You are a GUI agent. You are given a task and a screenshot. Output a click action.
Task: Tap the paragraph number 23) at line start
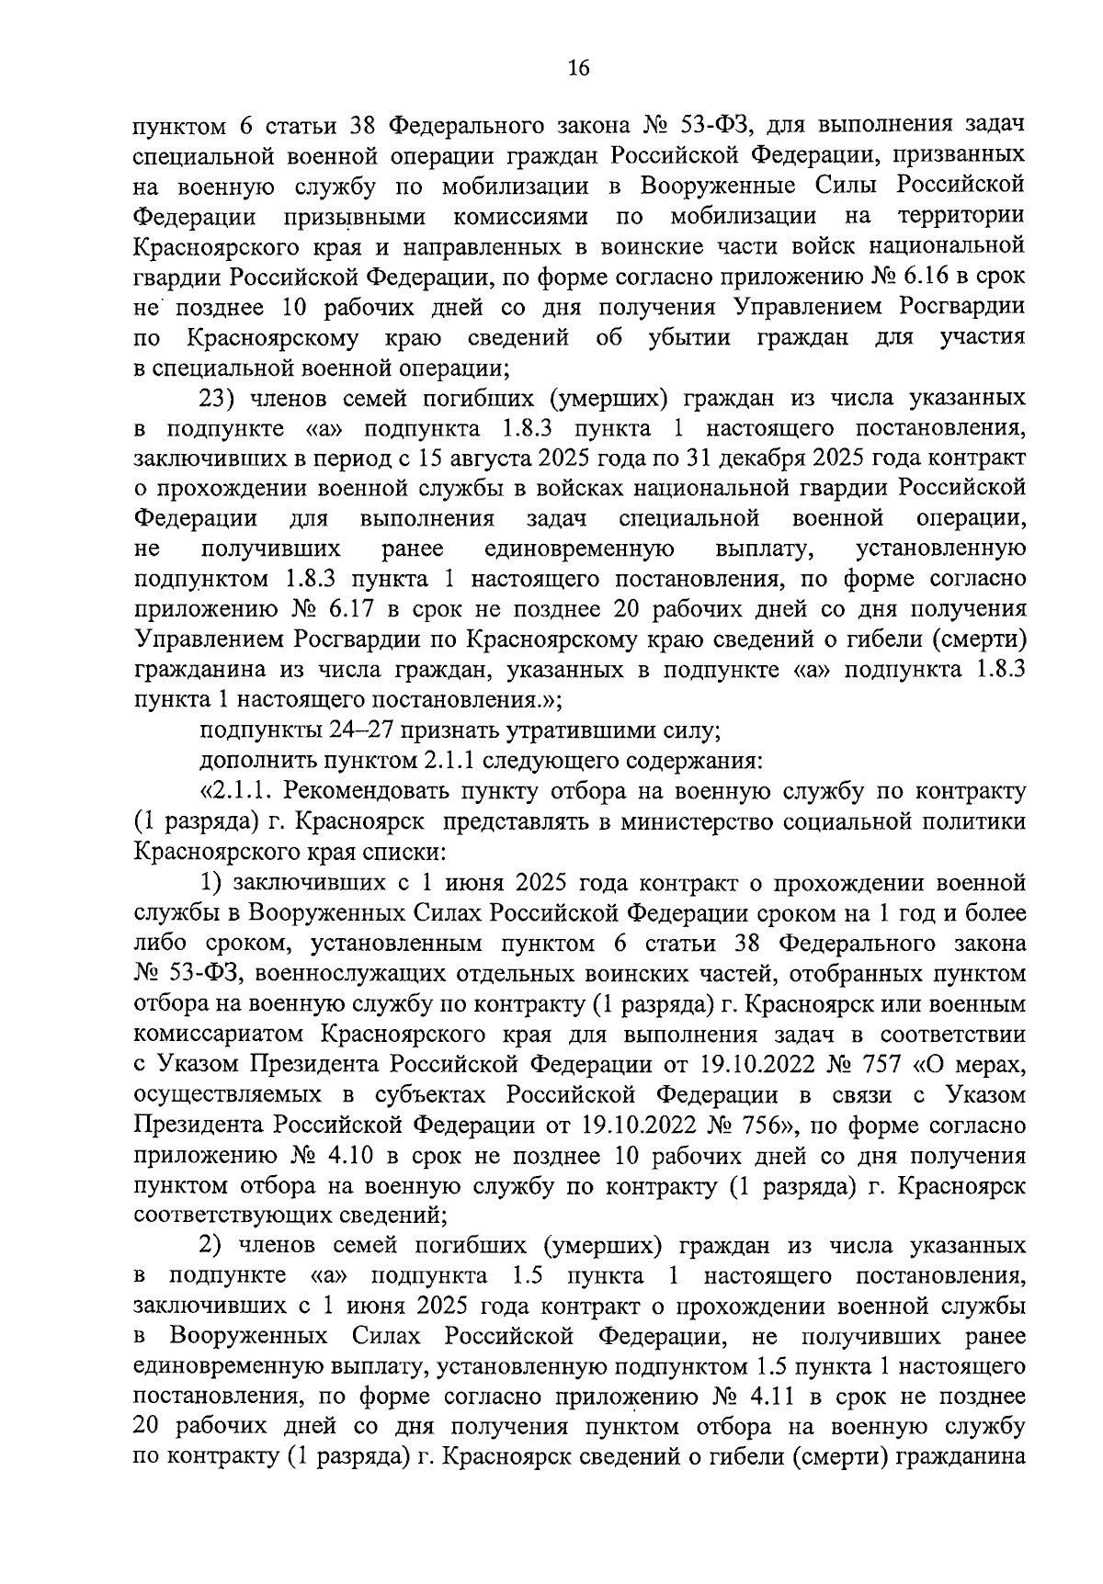(x=216, y=399)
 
